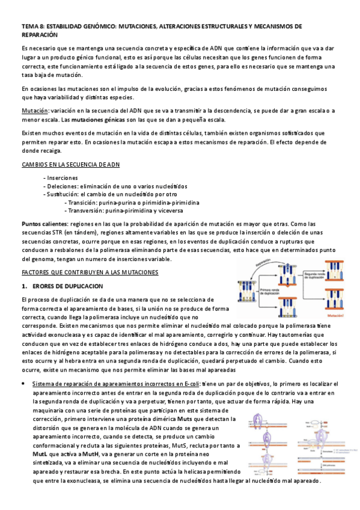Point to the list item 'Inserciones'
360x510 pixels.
[62, 178]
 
